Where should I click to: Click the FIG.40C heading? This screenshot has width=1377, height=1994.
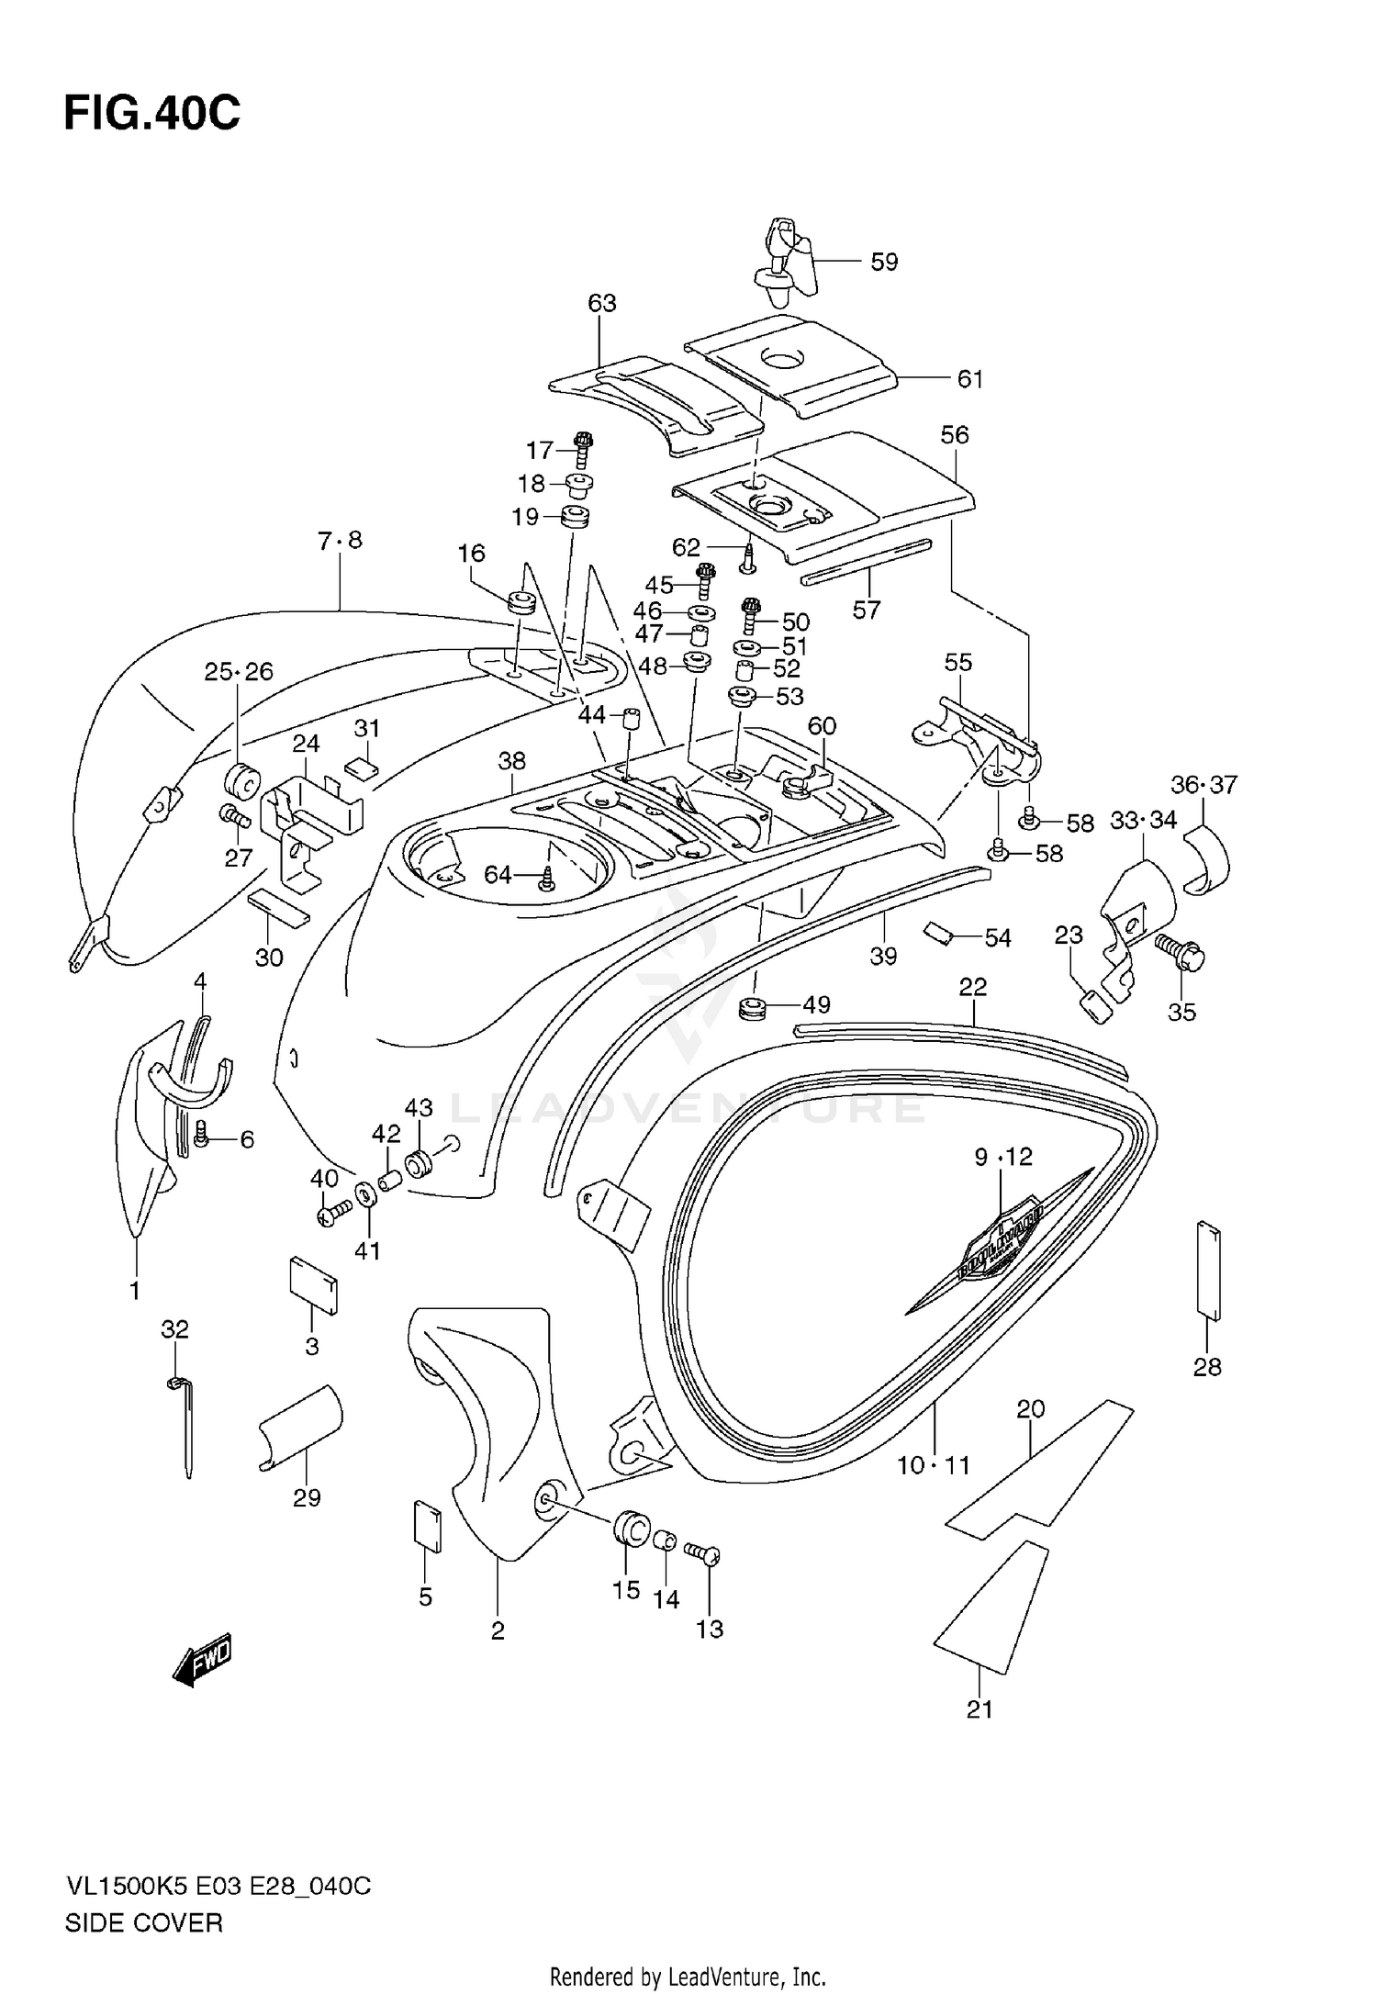click(151, 114)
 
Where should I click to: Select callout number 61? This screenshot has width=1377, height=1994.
click(969, 378)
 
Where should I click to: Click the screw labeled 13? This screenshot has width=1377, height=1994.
click(705, 1552)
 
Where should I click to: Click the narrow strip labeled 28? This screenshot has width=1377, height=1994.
click(1209, 1271)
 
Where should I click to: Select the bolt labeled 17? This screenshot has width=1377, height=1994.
click(582, 450)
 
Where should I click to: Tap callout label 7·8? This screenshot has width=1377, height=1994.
click(340, 541)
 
